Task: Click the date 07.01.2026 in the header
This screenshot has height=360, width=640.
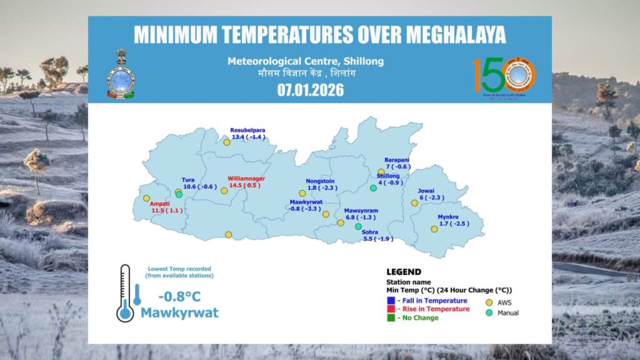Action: pos(311,89)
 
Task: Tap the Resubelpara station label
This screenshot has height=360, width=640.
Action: pos(247,130)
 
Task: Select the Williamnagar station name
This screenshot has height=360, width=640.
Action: pos(246,179)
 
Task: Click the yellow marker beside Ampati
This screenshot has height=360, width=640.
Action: pos(146,198)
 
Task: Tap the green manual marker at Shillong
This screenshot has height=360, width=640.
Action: pos(373,188)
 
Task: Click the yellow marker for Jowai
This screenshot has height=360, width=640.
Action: pos(414,202)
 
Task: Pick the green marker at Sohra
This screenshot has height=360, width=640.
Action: pos(358,226)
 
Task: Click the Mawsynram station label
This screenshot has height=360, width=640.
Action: pos(361,211)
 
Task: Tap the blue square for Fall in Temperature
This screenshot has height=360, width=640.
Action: pos(391,301)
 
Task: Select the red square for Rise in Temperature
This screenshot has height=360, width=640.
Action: pos(391,309)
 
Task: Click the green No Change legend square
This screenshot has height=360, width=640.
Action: pos(391,317)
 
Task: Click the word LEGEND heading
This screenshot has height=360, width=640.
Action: pos(404,272)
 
